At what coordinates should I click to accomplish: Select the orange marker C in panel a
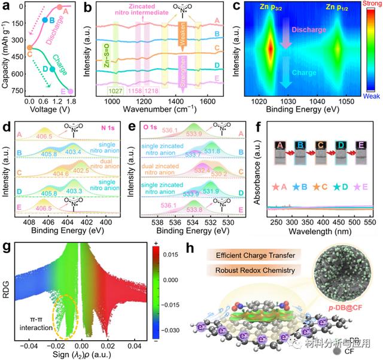[x=29, y=47]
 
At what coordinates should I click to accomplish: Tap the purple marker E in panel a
[x=71, y=91]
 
